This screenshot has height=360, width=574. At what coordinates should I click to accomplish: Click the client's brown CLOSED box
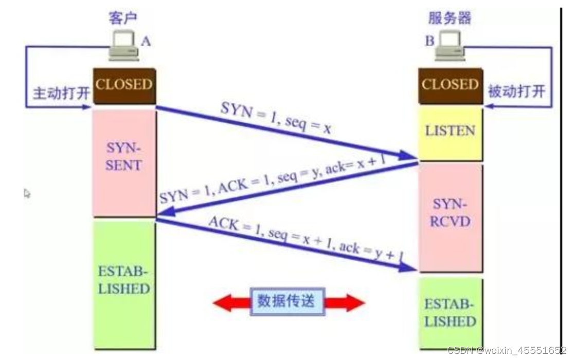click(124, 85)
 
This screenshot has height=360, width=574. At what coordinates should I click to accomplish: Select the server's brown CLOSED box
click(450, 85)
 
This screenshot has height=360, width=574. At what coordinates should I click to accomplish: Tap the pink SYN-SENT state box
click(124, 157)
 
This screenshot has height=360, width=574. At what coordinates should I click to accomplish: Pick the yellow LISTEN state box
click(450, 131)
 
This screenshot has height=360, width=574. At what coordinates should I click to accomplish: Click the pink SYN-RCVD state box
click(450, 213)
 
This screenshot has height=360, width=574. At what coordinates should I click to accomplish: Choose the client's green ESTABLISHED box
click(124, 280)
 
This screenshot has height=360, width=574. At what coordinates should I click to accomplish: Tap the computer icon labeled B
click(449, 45)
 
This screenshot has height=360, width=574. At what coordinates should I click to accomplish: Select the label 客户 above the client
click(123, 18)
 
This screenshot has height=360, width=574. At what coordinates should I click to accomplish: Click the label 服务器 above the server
click(450, 18)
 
